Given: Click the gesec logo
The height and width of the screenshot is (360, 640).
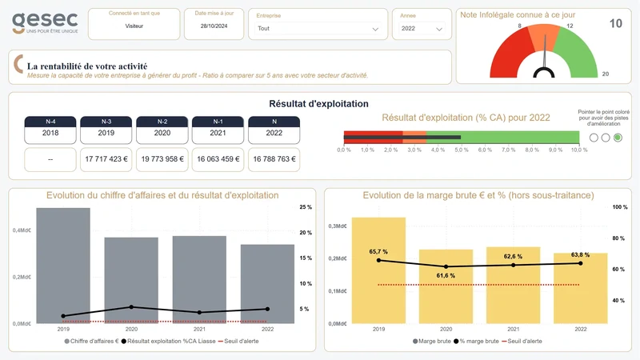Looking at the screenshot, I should [45, 22].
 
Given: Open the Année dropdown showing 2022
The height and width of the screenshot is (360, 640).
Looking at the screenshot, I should [422, 29].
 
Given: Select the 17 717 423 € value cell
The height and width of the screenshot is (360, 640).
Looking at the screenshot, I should [106, 159].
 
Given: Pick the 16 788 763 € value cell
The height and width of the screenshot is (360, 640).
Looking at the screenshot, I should [274, 159].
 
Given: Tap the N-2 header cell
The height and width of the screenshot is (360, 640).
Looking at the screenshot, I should [162, 122].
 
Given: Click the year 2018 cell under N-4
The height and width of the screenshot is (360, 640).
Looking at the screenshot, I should [50, 133].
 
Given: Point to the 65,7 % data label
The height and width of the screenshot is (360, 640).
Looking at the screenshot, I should [379, 252].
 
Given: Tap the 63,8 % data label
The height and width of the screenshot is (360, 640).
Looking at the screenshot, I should [580, 255].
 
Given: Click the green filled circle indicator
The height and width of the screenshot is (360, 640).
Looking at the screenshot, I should [618, 138].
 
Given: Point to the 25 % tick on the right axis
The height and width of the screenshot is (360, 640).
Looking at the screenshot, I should [305, 207].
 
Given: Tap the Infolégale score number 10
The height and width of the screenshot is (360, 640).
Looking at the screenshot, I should [615, 24].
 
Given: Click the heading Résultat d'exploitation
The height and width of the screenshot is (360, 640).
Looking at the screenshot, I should [318, 104].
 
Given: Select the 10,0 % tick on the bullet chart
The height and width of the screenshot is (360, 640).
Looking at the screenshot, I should [579, 150].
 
